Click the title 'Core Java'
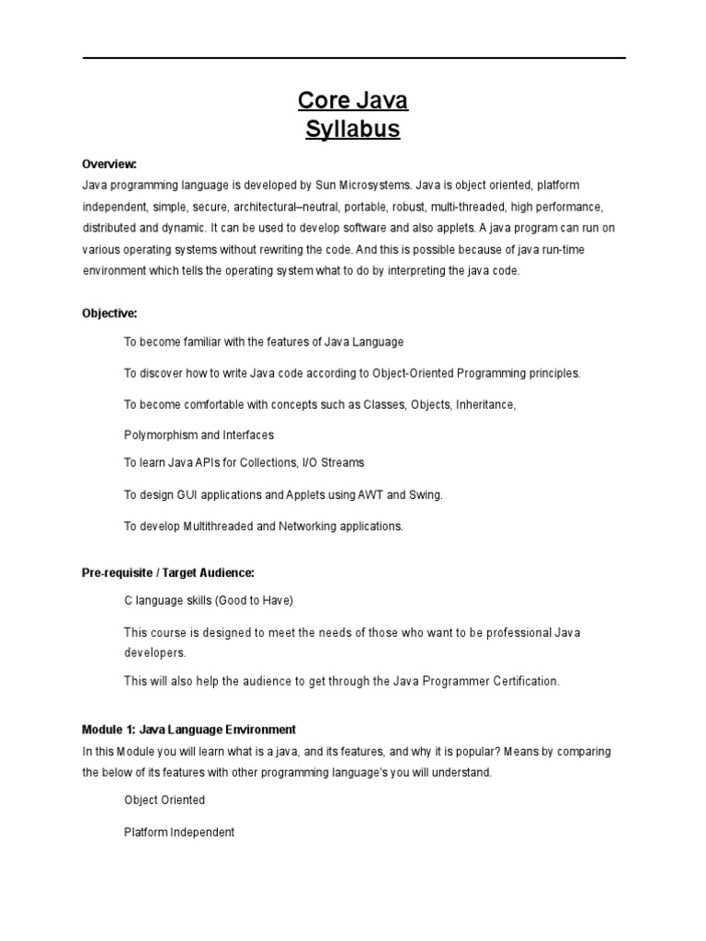point(353,99)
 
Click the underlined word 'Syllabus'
point(353,130)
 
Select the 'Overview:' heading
point(109,164)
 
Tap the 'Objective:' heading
point(109,312)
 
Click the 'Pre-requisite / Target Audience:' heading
point(167,572)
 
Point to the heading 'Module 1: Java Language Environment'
point(188,730)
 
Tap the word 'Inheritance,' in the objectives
point(484,404)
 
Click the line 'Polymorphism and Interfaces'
point(199,435)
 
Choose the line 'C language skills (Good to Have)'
point(209,601)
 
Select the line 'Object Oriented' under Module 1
point(165,800)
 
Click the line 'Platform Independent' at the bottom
point(179,833)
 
